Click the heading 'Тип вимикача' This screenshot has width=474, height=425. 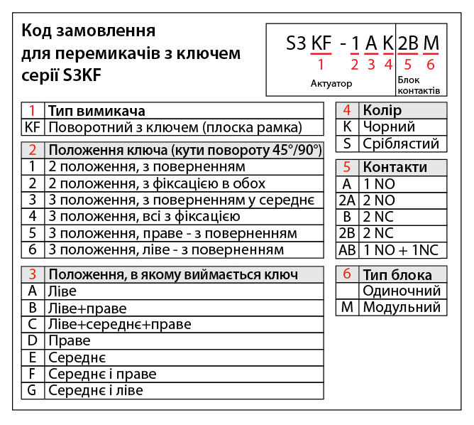97,112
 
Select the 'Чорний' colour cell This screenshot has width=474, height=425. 389,127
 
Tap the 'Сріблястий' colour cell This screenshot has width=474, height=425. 400,144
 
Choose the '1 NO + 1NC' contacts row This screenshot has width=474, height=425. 401,250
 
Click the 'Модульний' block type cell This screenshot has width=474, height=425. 402,307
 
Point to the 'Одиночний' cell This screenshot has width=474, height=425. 402,291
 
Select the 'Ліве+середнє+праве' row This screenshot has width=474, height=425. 119,324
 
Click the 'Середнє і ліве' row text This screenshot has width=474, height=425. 95,390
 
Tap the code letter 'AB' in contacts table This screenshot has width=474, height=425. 347,250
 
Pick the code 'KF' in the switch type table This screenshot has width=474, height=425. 33,128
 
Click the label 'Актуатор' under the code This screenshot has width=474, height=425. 331,84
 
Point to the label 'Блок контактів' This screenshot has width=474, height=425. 419,86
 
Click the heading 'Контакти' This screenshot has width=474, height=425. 395,168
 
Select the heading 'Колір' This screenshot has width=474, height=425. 382,111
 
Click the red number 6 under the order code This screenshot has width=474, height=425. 431,65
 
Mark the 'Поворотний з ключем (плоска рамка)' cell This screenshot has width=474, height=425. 175,128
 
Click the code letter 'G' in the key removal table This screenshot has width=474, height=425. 32,390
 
